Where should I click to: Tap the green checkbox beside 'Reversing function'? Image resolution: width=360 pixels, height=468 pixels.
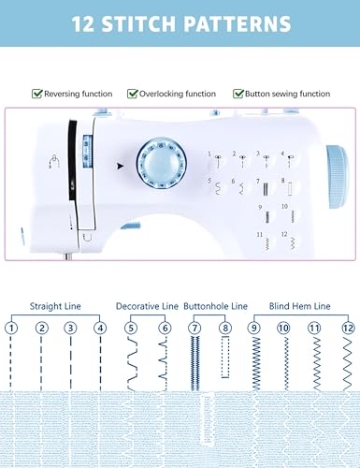(36, 94)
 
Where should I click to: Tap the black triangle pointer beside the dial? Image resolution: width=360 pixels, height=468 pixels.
(120, 166)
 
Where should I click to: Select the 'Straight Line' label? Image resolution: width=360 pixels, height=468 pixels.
(54, 306)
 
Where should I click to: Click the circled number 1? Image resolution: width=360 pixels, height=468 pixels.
(11, 329)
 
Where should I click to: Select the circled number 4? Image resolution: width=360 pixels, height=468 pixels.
(100, 329)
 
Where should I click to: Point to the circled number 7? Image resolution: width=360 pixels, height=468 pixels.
(194, 329)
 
